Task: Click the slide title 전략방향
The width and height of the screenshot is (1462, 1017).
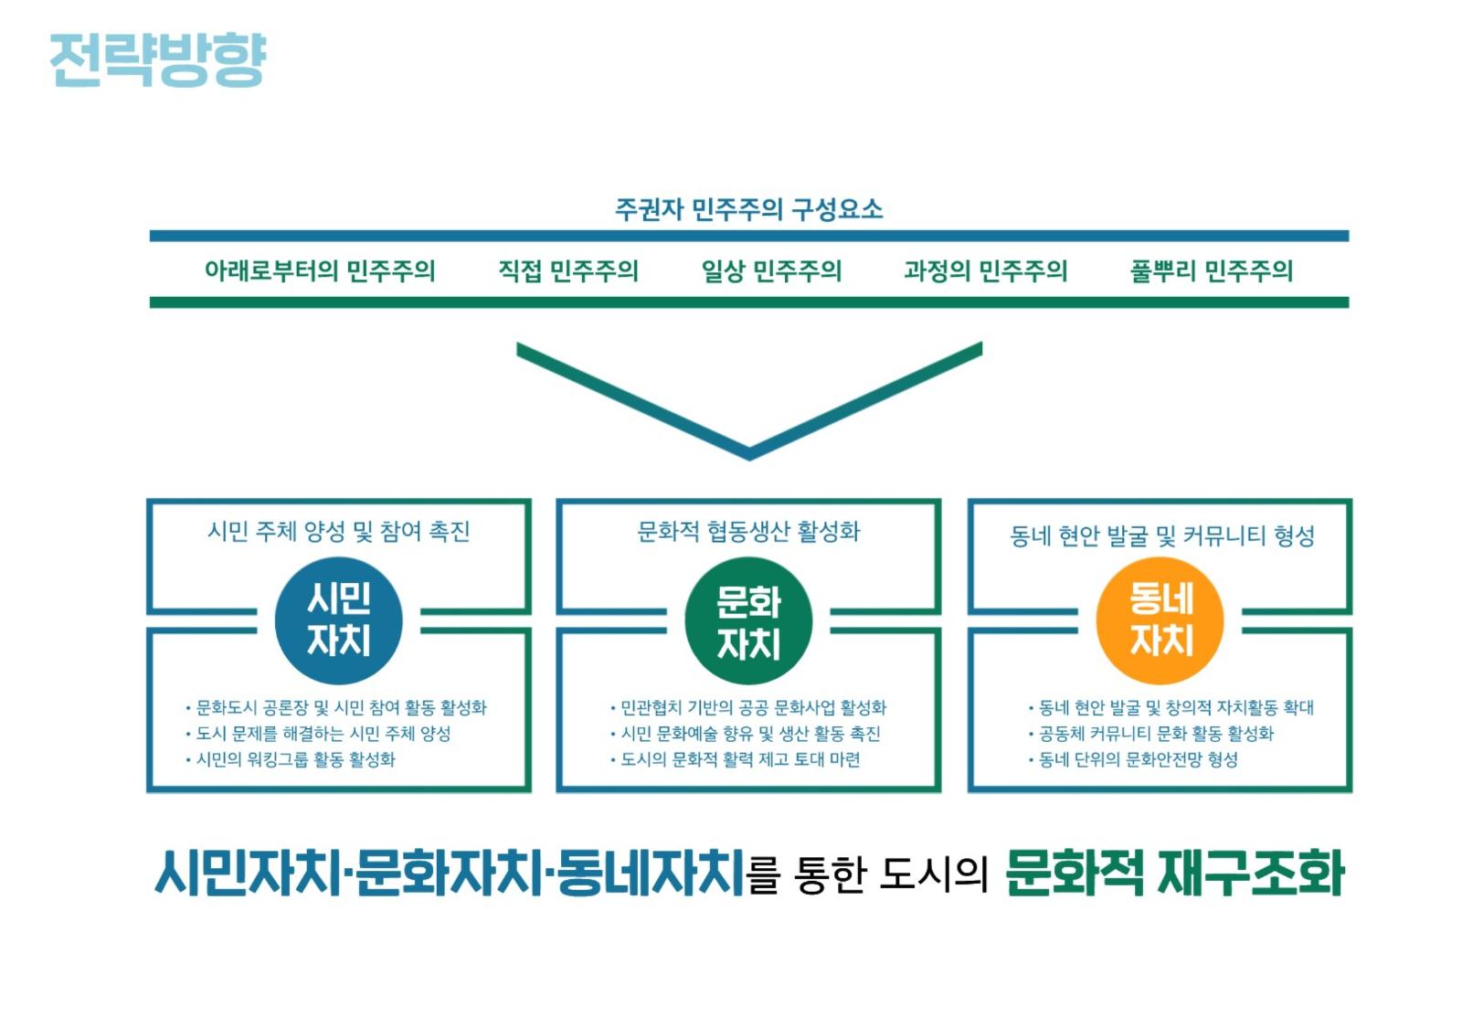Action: (x=158, y=59)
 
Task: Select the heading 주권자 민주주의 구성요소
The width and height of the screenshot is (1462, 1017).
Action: (x=748, y=209)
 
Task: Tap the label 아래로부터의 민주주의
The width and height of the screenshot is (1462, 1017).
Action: (x=320, y=270)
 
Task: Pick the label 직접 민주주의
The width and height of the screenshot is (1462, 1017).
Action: (x=567, y=270)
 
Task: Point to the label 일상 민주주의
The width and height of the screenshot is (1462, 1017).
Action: (x=771, y=270)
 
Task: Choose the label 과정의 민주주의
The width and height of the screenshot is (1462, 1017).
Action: (x=986, y=270)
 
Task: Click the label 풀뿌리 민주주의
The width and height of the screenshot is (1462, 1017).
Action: (x=1212, y=270)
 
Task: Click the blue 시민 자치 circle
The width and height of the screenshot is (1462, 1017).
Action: (x=339, y=620)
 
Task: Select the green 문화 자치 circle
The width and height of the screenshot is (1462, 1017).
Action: (x=748, y=620)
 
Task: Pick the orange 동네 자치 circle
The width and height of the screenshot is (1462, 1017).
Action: (x=1160, y=620)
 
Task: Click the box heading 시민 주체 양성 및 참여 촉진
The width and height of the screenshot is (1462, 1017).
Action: (x=339, y=532)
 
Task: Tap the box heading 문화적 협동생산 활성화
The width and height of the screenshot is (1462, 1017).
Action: (x=748, y=532)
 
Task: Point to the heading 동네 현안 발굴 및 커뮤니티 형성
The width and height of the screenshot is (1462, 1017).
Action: (x=1161, y=536)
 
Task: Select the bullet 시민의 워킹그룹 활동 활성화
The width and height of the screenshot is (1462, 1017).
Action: (x=291, y=759)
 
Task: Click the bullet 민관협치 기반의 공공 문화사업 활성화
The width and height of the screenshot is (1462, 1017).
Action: (x=748, y=707)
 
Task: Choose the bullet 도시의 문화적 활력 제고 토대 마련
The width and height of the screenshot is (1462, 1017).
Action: (x=735, y=759)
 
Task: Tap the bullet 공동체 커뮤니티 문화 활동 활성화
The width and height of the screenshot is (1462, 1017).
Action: (x=1150, y=734)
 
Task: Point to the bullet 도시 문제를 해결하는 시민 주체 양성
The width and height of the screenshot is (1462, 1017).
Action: (x=319, y=734)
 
